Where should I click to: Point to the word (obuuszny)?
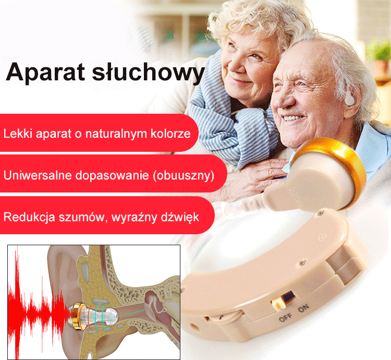(184, 175)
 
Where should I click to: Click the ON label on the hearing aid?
(303, 310)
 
